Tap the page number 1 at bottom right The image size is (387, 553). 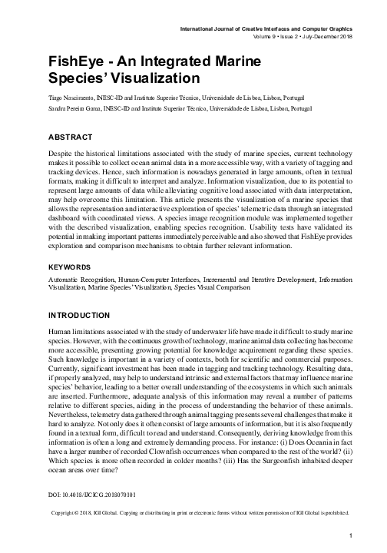pyautogui.click(x=350, y=536)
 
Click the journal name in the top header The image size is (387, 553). pyautogui.click(x=264, y=29)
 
